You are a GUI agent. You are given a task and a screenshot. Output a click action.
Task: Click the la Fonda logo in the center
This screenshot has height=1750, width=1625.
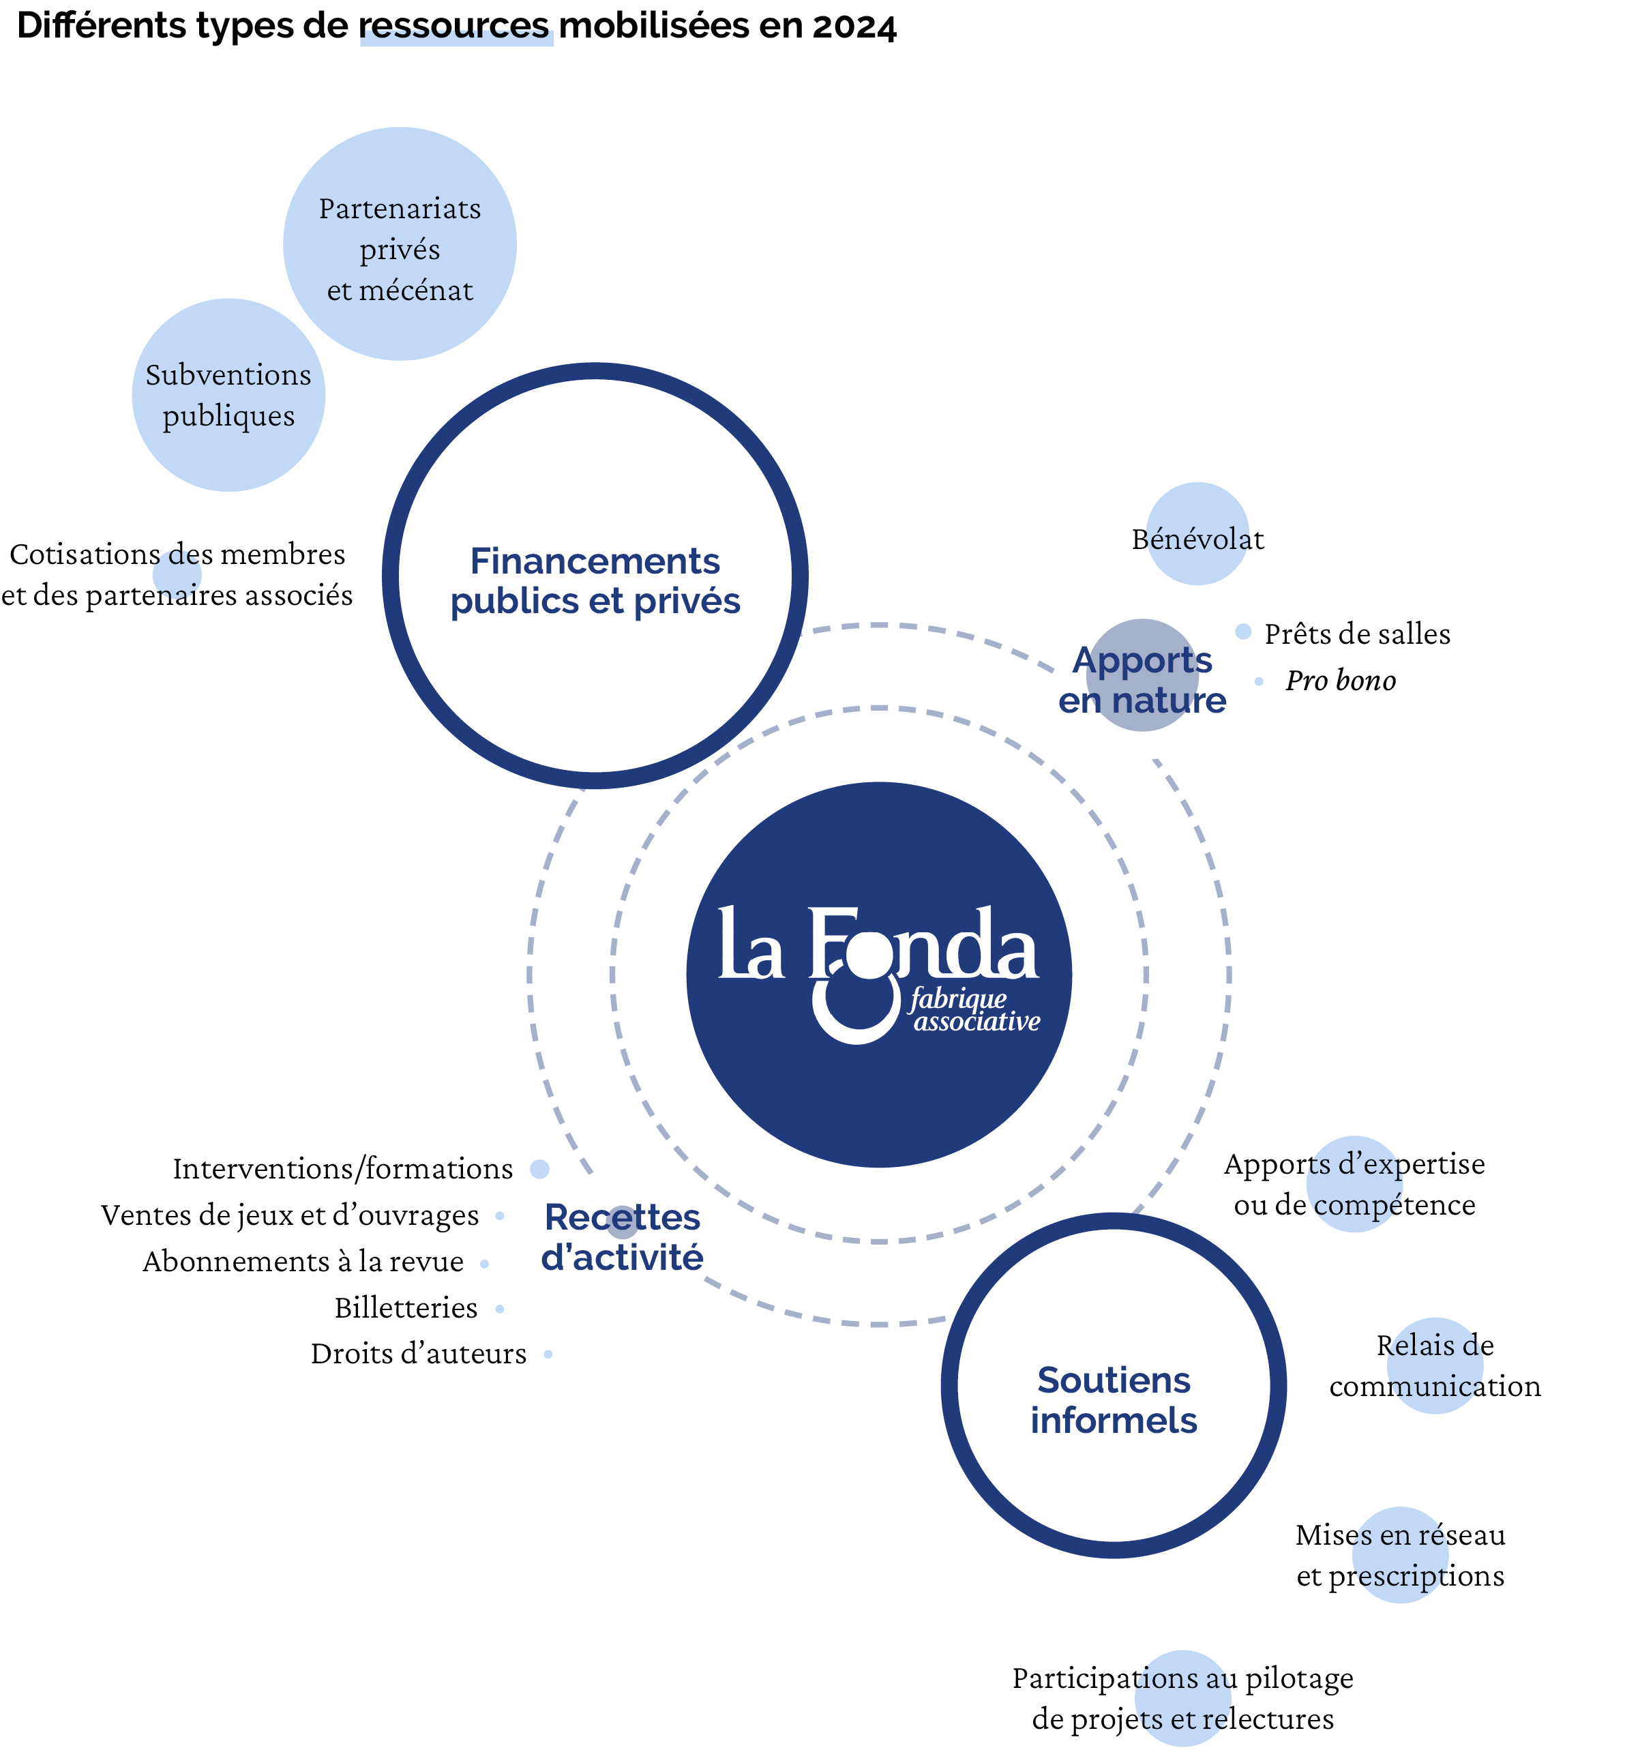click(x=880, y=975)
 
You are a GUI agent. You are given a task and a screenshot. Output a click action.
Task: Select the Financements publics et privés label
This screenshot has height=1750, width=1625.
click(x=595, y=580)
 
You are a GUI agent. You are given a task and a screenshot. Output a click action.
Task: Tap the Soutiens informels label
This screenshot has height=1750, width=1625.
click(x=1114, y=1400)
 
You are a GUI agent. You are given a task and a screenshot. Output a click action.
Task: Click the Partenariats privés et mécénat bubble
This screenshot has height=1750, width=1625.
click(x=400, y=243)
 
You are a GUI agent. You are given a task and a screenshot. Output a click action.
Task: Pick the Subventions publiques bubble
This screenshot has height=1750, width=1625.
click(x=228, y=395)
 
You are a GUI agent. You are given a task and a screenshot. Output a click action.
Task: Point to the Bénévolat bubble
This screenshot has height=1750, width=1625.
click(x=1197, y=534)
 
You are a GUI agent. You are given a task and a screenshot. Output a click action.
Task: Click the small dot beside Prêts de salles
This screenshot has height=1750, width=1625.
click(x=1242, y=632)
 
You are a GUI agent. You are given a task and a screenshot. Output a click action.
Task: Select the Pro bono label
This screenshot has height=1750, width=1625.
click(x=1340, y=681)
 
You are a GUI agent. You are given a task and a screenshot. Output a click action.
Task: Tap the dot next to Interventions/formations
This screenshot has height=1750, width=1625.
click(x=540, y=1169)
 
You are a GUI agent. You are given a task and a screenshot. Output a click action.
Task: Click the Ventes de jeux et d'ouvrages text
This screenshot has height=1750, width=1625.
click(x=290, y=1215)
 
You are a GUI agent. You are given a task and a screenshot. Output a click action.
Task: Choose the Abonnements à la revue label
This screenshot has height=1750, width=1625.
click(x=303, y=1262)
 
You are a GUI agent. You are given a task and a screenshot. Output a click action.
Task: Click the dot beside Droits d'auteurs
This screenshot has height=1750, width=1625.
click(x=548, y=1354)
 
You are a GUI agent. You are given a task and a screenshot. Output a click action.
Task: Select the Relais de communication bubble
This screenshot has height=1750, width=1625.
click(x=1435, y=1366)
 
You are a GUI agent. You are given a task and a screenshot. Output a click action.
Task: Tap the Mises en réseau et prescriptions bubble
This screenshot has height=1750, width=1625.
click(x=1400, y=1555)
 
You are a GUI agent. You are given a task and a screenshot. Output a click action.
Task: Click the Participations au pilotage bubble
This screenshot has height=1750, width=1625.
click(x=1182, y=1698)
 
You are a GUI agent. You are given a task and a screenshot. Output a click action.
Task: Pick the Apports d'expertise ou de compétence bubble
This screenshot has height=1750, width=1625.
click(x=1354, y=1184)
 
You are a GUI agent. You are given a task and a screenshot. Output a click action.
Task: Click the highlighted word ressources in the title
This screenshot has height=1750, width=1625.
click(x=455, y=27)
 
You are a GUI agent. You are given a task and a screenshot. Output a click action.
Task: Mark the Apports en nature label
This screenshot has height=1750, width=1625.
click(x=1142, y=680)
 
